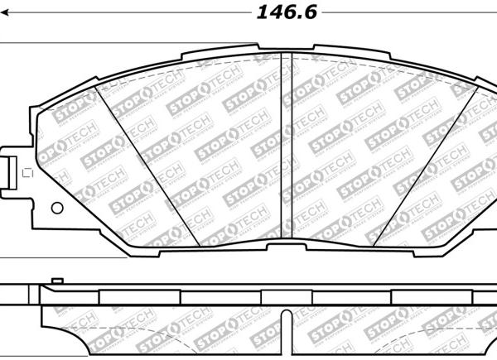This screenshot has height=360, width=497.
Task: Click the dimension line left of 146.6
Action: tap(124, 13)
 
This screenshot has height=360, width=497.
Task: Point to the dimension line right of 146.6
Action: tap(410, 13)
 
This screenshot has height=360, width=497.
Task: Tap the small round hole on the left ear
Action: tap(56, 208)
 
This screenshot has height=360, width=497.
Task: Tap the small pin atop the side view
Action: tap(55, 282)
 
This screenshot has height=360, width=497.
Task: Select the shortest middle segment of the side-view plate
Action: tap(285, 296)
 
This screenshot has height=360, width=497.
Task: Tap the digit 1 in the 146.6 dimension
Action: tap(260, 12)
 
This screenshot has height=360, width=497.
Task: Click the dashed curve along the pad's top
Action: tap(248, 60)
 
